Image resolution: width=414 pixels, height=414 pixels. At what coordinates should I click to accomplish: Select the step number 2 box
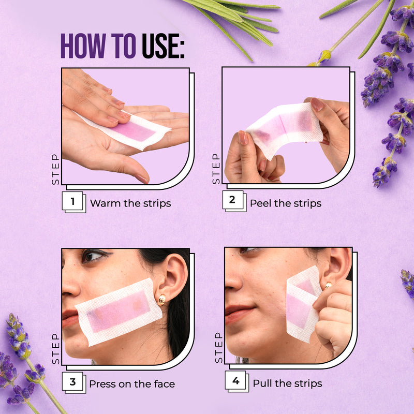(232, 200)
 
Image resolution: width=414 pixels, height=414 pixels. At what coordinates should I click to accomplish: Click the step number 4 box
(235, 381)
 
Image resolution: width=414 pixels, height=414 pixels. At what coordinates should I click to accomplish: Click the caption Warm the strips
(130, 203)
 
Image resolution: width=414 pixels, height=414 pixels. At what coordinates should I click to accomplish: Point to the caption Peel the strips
(286, 203)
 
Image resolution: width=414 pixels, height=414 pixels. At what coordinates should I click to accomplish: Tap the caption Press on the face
(132, 384)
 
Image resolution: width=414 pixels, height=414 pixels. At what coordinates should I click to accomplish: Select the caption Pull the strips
(287, 383)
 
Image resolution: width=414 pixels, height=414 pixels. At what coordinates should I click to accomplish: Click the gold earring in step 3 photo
(161, 300)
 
